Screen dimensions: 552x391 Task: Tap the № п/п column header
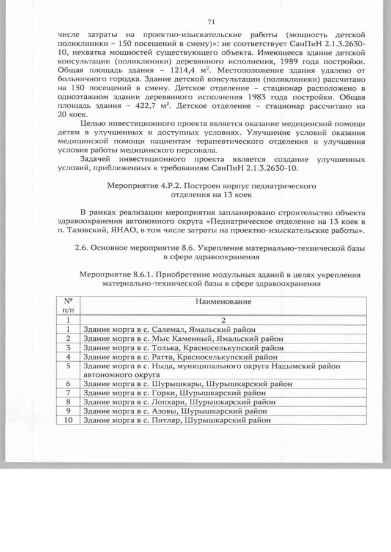69,306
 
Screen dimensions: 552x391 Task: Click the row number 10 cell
69,420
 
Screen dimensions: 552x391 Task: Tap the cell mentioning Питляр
174,420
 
